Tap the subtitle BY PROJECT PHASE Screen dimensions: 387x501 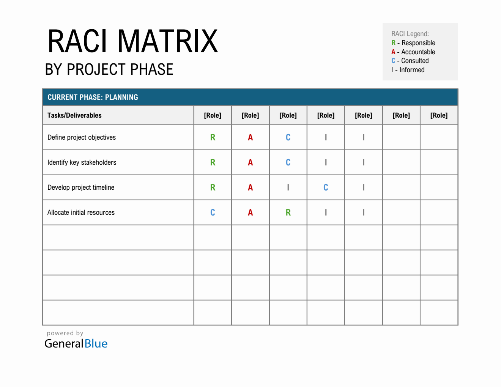[x=109, y=69]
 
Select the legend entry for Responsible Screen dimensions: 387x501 [x=413, y=43]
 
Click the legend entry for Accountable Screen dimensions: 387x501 [x=413, y=52]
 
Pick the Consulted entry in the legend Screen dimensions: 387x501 [x=410, y=61]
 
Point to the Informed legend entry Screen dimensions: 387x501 [x=408, y=70]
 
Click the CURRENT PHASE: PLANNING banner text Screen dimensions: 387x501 [x=93, y=97]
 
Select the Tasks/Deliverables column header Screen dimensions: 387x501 [x=74, y=115]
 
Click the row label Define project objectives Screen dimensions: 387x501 [x=82, y=137]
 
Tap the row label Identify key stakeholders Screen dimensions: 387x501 [x=82, y=162]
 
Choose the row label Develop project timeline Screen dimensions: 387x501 [x=81, y=187]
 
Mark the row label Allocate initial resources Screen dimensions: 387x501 [x=81, y=212]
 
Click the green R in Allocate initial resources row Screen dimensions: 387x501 [x=288, y=212]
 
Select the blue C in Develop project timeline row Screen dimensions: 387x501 [x=326, y=187]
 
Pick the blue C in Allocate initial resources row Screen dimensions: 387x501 [x=213, y=212]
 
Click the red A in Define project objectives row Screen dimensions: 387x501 [x=250, y=137]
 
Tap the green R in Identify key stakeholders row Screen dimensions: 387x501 [x=213, y=162]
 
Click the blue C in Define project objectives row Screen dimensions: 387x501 [x=288, y=137]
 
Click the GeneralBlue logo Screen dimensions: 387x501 [x=76, y=343]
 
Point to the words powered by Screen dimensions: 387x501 [x=65, y=333]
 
